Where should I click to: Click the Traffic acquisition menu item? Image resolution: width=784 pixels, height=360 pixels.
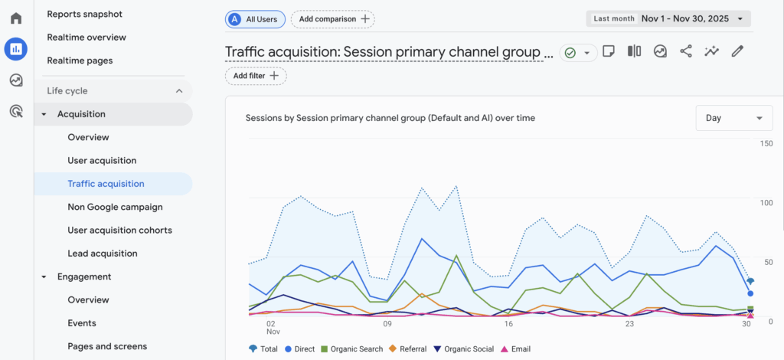click(x=106, y=184)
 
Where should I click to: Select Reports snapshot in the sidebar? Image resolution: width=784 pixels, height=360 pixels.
click(x=84, y=14)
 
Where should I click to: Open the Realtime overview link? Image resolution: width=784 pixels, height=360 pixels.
click(x=87, y=37)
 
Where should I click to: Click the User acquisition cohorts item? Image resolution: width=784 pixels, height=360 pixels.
click(x=119, y=230)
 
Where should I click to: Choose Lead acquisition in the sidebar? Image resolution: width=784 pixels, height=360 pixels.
click(x=102, y=253)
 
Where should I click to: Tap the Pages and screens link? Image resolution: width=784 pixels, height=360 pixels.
click(x=107, y=346)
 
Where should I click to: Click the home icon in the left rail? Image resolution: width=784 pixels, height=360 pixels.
click(x=15, y=18)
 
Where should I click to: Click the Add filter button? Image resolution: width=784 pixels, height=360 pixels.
click(x=256, y=76)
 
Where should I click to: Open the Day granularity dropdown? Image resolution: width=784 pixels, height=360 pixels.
click(x=733, y=118)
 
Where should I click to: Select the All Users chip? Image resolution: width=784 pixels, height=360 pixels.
click(x=256, y=18)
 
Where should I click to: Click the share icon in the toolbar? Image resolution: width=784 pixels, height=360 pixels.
click(x=685, y=51)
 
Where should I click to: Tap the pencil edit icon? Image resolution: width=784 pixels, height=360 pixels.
click(x=737, y=51)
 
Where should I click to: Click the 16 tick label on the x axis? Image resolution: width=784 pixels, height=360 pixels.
click(x=508, y=323)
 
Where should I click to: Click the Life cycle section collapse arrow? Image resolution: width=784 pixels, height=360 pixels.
click(x=179, y=91)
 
